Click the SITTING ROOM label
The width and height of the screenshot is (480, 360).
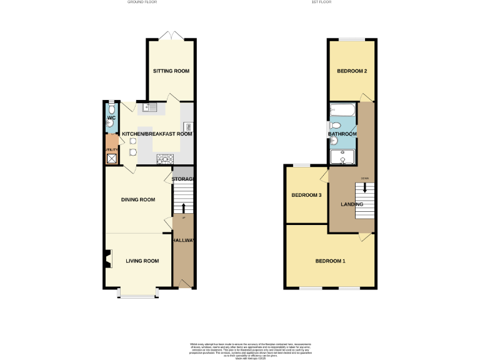tap(171, 71)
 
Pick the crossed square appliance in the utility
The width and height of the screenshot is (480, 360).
tap(111, 159)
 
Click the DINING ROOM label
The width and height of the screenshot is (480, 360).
tap(137, 200)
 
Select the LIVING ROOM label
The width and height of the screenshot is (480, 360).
tap(143, 261)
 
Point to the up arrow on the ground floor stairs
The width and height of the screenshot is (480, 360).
tap(183, 207)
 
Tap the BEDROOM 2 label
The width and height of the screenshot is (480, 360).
tap(352, 71)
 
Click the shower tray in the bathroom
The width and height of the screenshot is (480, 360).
tap(342, 156)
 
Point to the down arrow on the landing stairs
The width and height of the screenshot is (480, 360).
tap(364, 187)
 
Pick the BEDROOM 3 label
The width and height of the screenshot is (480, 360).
tap(306, 196)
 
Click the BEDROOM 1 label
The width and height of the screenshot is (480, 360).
tap(330, 261)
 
